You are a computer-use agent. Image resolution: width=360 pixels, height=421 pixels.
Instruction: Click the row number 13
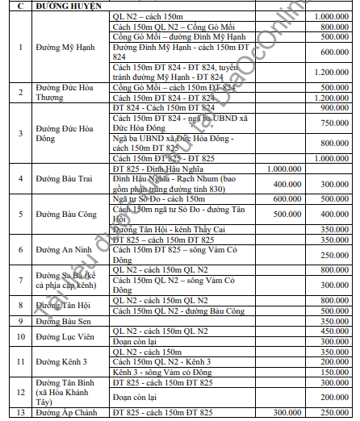[x=21, y=414]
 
